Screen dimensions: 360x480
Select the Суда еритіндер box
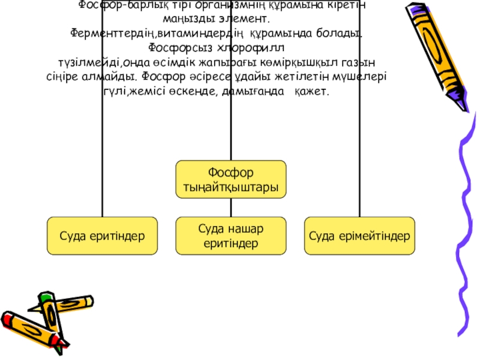click(x=103, y=235)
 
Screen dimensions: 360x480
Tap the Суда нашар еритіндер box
click(x=231, y=235)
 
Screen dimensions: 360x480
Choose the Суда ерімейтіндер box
click(x=359, y=235)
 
